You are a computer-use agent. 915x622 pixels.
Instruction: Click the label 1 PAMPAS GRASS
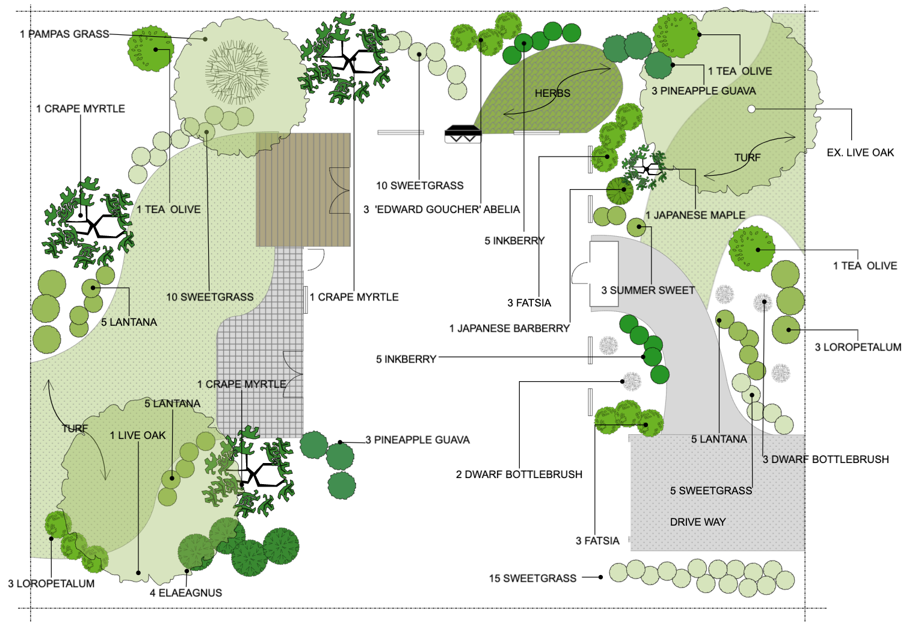point(64,34)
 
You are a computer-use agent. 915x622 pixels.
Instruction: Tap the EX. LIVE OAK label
point(860,153)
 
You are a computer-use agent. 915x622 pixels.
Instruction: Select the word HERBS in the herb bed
point(552,93)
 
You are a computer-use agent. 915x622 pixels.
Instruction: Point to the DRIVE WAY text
point(698,522)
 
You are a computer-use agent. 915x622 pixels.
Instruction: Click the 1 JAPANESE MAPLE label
point(695,215)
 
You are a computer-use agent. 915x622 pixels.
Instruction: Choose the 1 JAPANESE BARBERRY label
point(509,328)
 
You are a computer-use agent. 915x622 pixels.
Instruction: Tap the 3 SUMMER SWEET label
point(648,290)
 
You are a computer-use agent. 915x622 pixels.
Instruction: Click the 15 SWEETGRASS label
point(532,578)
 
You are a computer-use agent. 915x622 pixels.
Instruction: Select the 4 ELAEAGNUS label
point(186,592)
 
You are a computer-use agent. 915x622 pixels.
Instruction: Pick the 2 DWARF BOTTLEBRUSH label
point(519,474)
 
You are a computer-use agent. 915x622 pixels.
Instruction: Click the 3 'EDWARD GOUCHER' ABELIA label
point(442,210)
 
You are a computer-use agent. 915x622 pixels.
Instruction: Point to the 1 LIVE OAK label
point(137,435)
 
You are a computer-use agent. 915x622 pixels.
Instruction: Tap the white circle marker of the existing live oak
point(751,109)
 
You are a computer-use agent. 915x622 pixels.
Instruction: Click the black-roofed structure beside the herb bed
point(463,133)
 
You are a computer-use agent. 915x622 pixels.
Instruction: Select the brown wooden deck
point(303,190)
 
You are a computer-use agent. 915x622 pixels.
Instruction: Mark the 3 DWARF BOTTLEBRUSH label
point(825,459)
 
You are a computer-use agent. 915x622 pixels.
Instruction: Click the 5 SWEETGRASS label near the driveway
point(711,491)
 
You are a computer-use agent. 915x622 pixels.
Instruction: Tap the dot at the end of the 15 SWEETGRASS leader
point(601,577)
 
